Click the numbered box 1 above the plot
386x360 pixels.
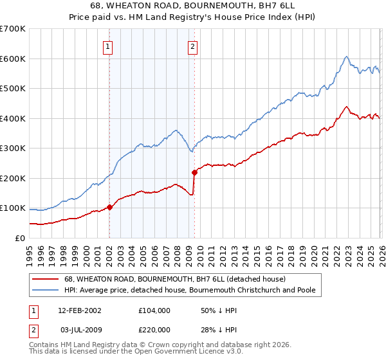tap(107, 46)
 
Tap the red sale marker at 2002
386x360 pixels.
tap(109, 207)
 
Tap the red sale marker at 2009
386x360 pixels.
tap(194, 172)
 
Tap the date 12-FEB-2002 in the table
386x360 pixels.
tap(80, 310)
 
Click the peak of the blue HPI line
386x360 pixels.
tap(346, 57)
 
